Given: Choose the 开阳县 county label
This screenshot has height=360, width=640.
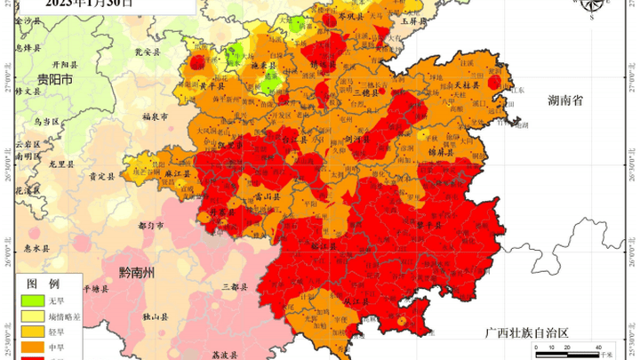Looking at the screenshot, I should click(x=65, y=64).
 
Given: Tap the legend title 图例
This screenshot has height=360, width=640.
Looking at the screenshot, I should click(x=42, y=284).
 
